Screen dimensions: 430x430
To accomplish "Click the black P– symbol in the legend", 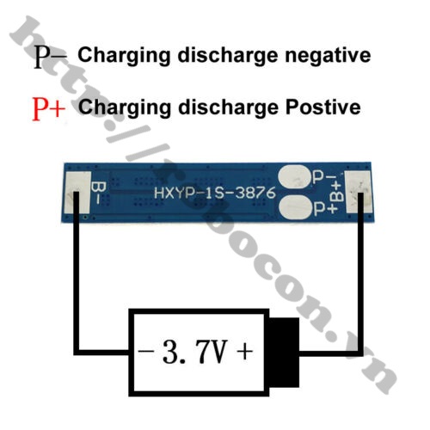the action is click(51, 57).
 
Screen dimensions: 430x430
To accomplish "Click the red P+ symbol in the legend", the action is click(49, 109).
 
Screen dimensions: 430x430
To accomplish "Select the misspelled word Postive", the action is click(323, 107).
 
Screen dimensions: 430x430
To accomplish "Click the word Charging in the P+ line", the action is click(125, 108).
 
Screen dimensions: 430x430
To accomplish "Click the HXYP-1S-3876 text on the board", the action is click(215, 193).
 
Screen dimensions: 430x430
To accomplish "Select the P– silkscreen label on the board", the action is click(324, 177).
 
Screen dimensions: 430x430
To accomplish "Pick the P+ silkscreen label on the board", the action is click(326, 208).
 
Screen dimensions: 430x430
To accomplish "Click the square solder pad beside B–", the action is click(77, 192).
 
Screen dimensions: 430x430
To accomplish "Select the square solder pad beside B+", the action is click(358, 192).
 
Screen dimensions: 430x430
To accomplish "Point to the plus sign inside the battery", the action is click(245, 351).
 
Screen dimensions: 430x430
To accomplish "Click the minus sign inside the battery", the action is click(146, 350).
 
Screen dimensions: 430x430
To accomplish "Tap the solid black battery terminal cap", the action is click(284, 353).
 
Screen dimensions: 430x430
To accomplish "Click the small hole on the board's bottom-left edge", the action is click(85, 217).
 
